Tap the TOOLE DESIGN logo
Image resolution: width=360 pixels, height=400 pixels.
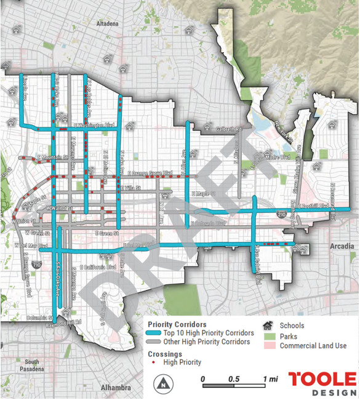[322, 384]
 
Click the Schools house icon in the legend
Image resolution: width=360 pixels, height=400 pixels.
[268, 326]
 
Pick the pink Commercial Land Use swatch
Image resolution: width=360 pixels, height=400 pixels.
[268, 345]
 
